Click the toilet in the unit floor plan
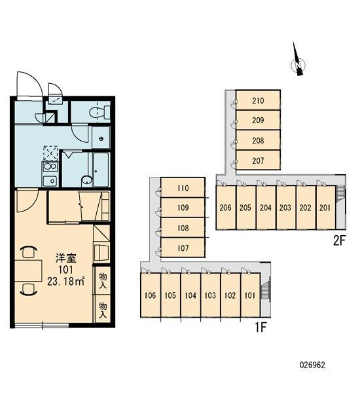coord(99,112)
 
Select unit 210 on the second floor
coord(258,100)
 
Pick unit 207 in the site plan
coord(258,160)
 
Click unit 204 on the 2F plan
coord(266,208)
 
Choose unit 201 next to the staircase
coord(325,208)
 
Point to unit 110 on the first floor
coord(183,188)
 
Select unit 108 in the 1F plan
coord(183,228)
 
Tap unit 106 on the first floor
coord(151,295)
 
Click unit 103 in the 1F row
coord(210,295)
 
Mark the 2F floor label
coord(339,241)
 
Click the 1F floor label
coord(261,327)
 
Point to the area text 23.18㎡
coord(65,282)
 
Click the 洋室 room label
coord(66,257)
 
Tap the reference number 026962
coord(312,365)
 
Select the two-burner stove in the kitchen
coord(50,166)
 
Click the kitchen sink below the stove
coord(50,181)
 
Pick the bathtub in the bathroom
coord(101,170)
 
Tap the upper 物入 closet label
coord(103,280)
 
